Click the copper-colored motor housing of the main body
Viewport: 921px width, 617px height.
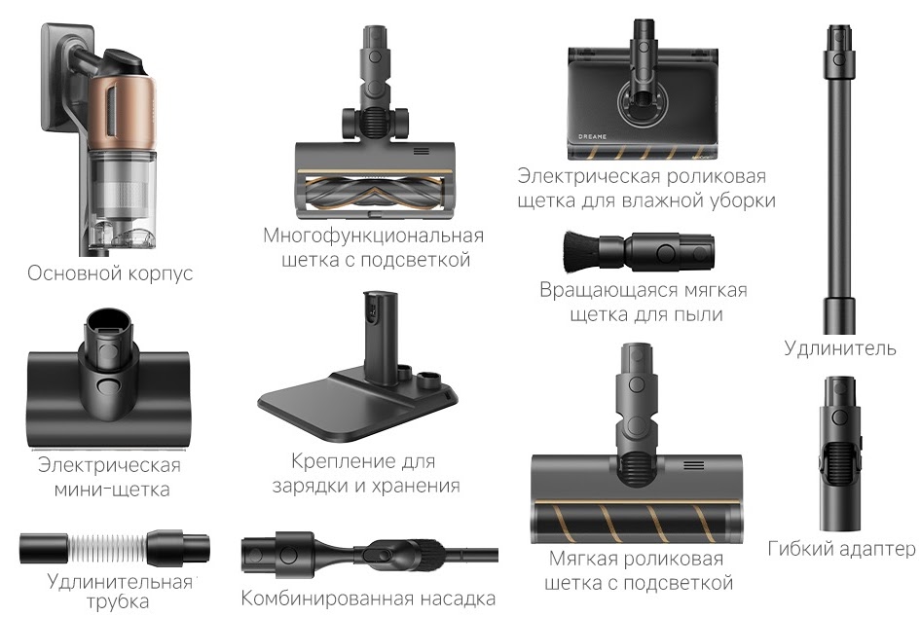point(122,112)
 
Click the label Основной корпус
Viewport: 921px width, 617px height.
point(110,273)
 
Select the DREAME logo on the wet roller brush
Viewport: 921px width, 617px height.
point(592,136)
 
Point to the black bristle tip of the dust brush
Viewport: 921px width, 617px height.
point(579,251)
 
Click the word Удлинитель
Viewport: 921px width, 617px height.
point(840,348)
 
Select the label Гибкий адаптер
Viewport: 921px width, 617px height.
point(841,549)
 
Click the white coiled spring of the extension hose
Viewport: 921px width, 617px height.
point(107,548)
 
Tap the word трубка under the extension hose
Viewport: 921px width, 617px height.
point(118,602)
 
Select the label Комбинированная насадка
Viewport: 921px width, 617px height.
point(368,599)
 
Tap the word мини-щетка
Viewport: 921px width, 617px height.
point(112,489)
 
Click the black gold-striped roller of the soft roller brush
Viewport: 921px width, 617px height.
point(637,522)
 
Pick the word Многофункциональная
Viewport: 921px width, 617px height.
point(374,236)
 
